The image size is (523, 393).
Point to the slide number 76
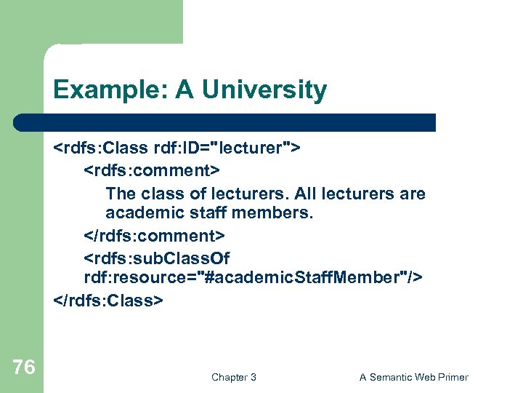coord(24,368)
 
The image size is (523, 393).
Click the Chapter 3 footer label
coord(233,377)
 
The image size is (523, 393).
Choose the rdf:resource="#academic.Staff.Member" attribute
coord(254,278)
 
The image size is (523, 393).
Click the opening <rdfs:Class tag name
coord(101,148)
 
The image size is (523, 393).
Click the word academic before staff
coord(139,213)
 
